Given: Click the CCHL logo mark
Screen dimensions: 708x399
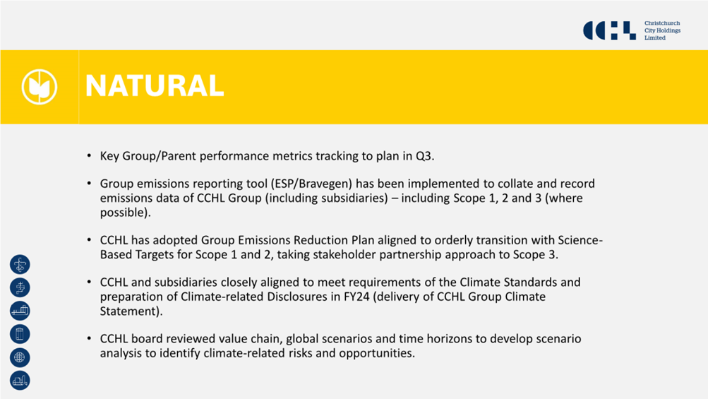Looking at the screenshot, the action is [610, 31].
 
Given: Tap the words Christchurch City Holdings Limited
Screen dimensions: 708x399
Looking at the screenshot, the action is [662, 31].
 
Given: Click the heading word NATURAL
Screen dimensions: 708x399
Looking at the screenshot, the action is [155, 86].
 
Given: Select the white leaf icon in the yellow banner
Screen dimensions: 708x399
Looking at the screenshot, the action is [40, 87].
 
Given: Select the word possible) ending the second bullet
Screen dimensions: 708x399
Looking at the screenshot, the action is [125, 213].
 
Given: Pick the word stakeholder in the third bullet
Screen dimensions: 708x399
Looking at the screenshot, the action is [344, 255].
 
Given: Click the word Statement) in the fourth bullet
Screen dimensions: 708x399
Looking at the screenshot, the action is [131, 311].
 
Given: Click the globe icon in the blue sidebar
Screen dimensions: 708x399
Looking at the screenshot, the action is [20, 357].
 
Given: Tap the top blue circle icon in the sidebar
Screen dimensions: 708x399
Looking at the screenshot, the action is [20, 264].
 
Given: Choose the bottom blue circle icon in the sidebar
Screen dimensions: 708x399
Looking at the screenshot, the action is [20, 381].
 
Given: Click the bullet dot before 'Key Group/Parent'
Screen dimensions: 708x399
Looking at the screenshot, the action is [89, 156].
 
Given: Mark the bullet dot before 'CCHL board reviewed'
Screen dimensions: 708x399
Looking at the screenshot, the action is [89, 338].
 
